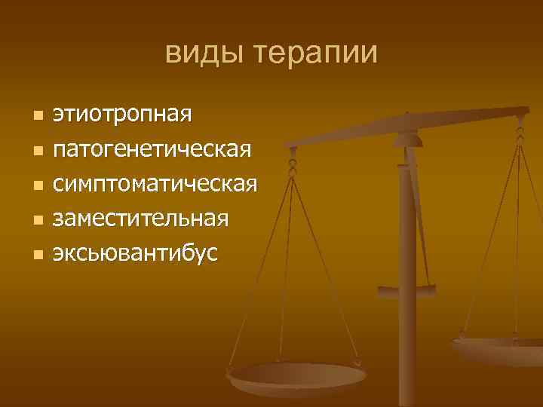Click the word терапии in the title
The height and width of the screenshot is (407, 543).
coord(314,54)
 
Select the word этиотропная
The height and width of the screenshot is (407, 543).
coord(121,115)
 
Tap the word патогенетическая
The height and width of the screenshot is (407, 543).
coord(151,149)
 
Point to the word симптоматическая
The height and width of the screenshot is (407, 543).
coord(155,184)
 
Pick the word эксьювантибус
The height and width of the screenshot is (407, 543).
coord(135,253)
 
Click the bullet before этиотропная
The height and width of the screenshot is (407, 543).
coord(38,116)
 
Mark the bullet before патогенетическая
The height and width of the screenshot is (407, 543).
coord(38,151)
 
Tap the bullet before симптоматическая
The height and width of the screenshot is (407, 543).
coord(38,185)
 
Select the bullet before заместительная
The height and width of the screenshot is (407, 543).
coord(38,220)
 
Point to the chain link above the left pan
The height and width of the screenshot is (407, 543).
coord(293,162)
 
